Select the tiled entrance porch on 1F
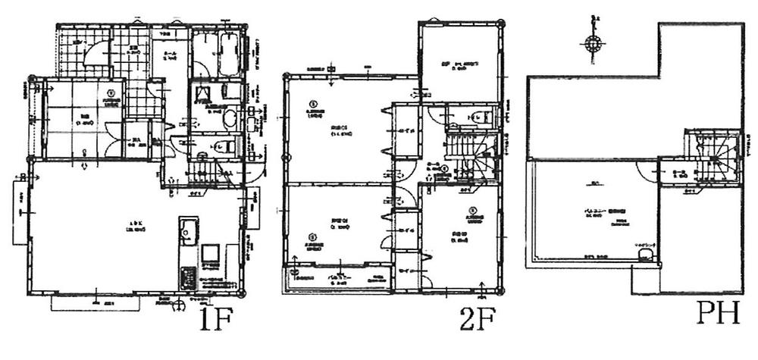click(x=79, y=49)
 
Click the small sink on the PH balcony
click(x=646, y=258)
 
